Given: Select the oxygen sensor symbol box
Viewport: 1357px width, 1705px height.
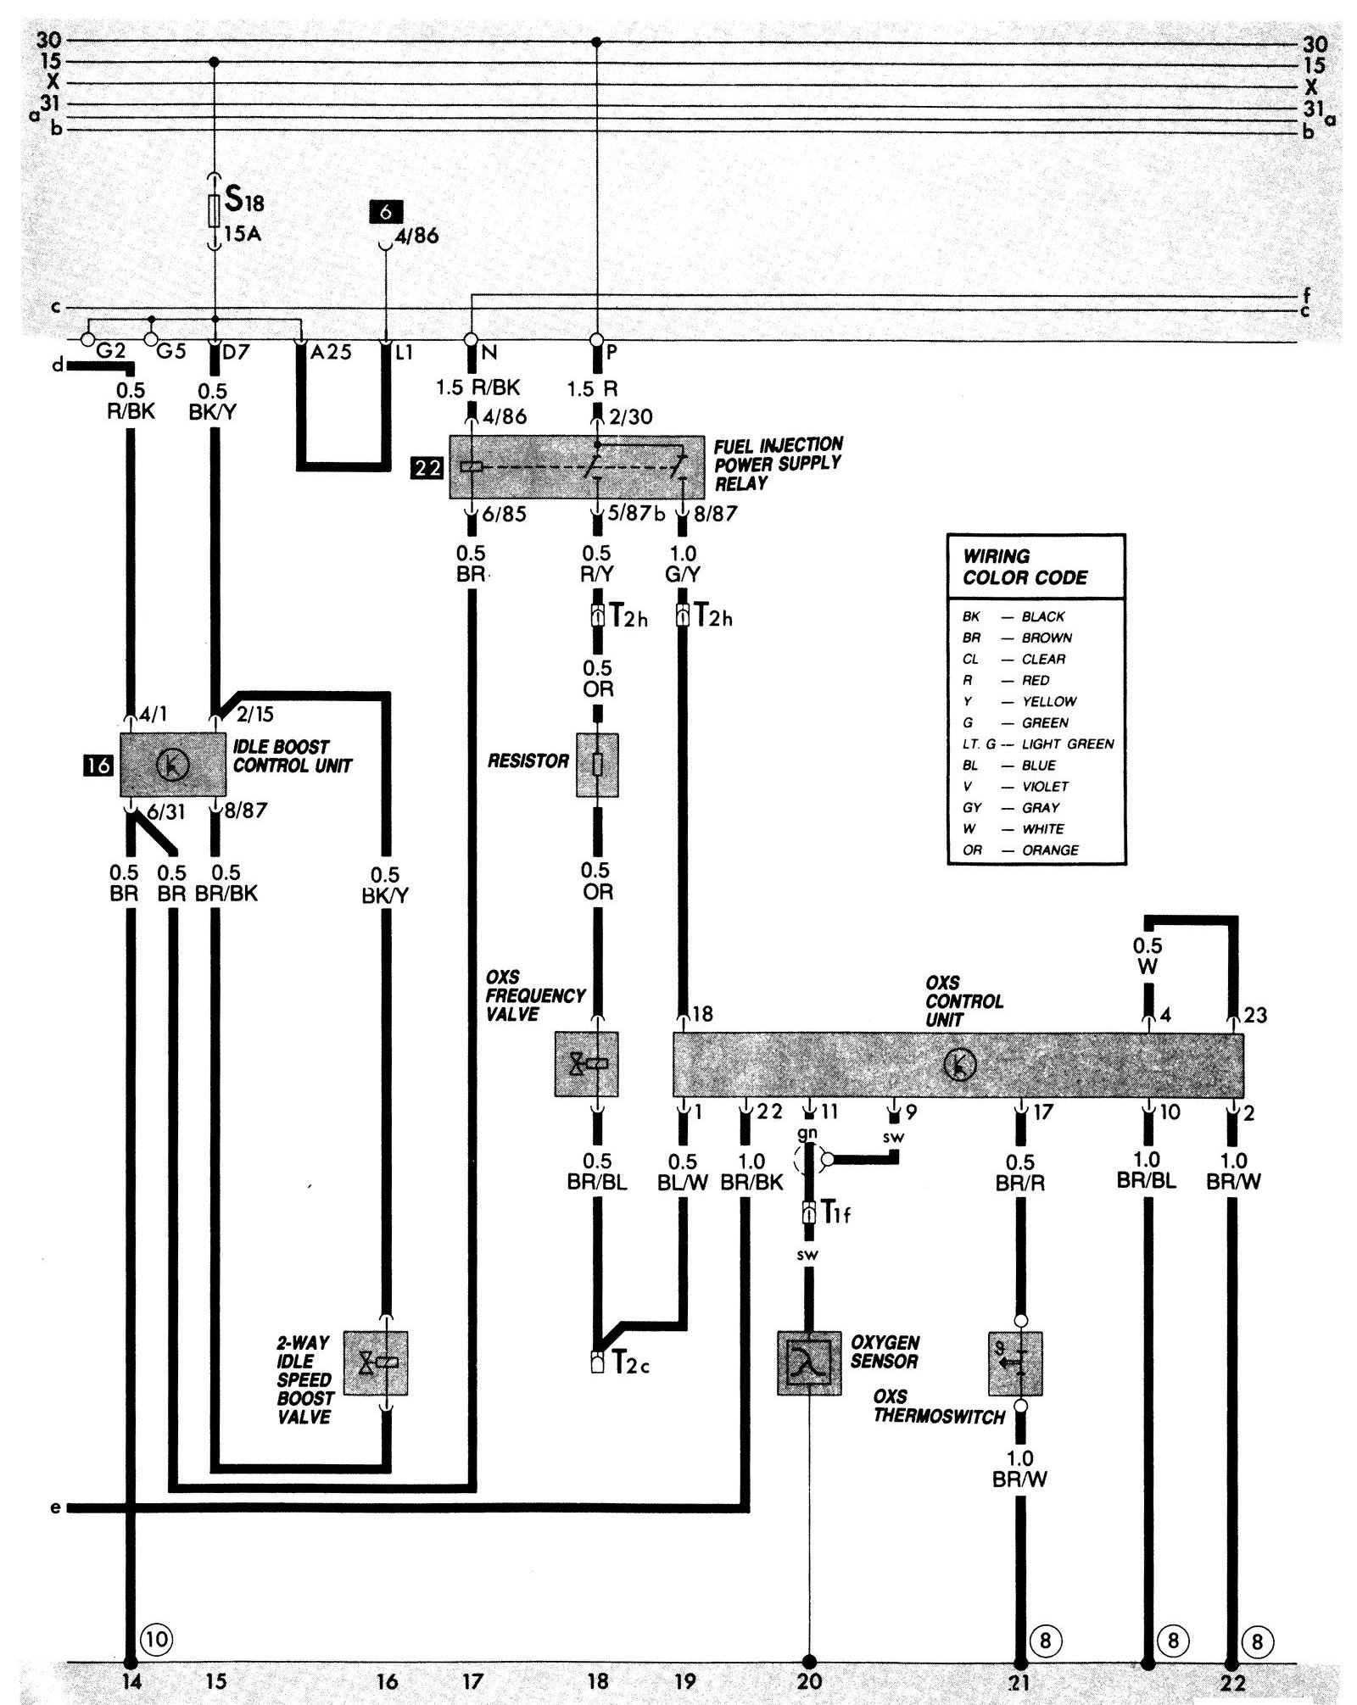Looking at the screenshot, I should coord(809,1362).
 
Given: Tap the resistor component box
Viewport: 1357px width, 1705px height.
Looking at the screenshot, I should coord(597,764).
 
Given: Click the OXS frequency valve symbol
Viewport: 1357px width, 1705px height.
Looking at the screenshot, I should coord(586,1063).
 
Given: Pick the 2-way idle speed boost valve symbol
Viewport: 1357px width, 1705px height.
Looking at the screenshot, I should coord(376,1362).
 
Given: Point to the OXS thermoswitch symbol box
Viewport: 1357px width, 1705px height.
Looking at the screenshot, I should coord(1015,1362).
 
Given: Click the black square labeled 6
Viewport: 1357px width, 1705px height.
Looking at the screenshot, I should coord(385,212).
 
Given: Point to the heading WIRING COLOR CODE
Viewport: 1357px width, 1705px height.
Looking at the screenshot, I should coord(1025,567).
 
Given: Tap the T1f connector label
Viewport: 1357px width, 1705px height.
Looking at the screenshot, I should coord(835,1213).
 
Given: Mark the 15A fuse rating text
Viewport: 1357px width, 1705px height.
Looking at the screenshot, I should coord(243,233).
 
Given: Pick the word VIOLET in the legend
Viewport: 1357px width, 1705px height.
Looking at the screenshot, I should coord(1045,786).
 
